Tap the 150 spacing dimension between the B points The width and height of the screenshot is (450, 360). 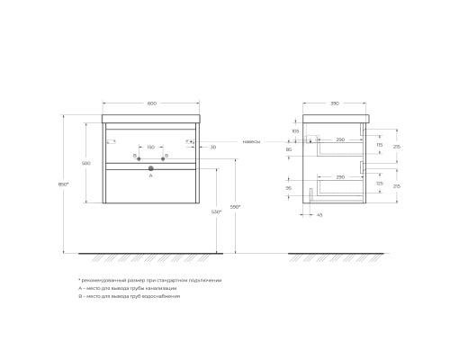point(150,146)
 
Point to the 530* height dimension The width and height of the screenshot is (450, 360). point(216,211)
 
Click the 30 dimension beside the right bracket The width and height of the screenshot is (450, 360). point(213,147)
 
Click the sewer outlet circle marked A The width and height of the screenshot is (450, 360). point(150,167)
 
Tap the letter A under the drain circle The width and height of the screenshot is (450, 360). point(150,176)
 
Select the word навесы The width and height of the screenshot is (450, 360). point(253,141)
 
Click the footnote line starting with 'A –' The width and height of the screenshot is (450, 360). point(135,288)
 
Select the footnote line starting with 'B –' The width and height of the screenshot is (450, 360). point(135,296)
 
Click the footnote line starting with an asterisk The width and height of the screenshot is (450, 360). point(149,280)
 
